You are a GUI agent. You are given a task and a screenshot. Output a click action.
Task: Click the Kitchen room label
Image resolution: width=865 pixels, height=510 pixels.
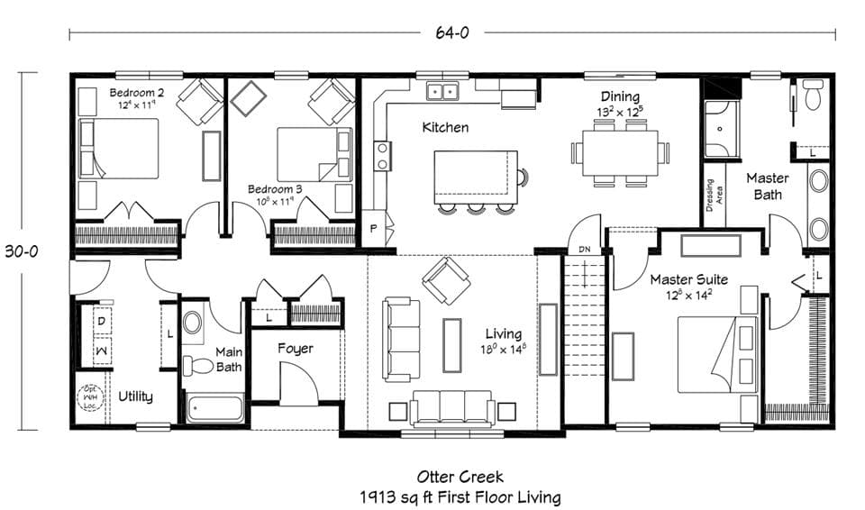(x=445, y=128)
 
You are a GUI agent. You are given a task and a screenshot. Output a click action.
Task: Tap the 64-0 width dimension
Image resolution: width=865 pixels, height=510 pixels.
(x=451, y=33)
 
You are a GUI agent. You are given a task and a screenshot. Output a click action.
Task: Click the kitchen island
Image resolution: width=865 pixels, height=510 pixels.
(x=476, y=177)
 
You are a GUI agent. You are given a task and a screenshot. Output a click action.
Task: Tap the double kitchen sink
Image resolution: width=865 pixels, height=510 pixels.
(x=442, y=91)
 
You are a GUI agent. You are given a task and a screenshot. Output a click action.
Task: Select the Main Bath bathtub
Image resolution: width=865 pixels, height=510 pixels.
(x=214, y=407)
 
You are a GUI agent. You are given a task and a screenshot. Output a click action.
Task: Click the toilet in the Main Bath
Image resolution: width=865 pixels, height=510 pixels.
(x=197, y=366)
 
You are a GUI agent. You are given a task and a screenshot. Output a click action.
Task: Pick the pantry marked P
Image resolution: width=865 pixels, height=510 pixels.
(x=374, y=229)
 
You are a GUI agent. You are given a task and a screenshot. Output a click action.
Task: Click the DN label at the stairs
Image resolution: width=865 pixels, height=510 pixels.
(x=584, y=249)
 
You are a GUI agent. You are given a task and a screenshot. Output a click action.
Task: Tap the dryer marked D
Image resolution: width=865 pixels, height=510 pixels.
(x=101, y=320)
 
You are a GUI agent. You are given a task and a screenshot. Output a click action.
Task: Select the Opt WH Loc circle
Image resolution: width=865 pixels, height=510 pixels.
(x=90, y=396)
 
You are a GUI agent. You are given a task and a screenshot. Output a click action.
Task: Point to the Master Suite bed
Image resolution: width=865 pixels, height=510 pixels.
(x=716, y=354)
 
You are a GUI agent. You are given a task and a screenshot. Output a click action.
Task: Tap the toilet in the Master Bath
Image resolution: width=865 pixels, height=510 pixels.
(x=813, y=94)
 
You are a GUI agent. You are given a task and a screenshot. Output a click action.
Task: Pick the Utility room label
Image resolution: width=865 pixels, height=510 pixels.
(x=135, y=396)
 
